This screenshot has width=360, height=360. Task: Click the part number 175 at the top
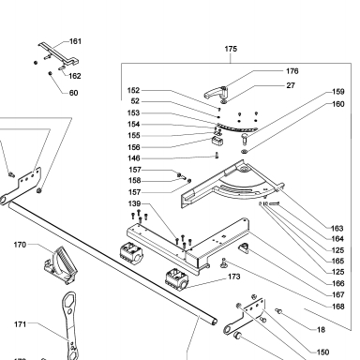coord(231,49)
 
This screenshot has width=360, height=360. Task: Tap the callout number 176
coord(292,71)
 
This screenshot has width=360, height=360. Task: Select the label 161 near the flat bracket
coord(75,41)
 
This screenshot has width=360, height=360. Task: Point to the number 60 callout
coord(73,93)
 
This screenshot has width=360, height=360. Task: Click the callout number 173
coord(233,277)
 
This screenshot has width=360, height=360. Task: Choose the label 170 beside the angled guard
coord(20,245)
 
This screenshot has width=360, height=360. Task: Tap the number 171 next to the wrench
coord(20,324)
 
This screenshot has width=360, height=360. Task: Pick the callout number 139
coord(134,203)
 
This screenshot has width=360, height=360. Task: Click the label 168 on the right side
coord(338,307)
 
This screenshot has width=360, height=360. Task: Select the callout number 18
coord(321,330)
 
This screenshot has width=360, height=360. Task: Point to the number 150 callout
coord(322,352)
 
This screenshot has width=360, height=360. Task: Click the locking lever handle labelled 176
coord(216,92)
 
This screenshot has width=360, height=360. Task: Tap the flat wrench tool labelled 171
coord(70,325)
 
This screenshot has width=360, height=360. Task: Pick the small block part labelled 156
coord(217,141)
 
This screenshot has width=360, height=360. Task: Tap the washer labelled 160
coord(245,152)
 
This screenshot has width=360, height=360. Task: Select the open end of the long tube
coord(214,322)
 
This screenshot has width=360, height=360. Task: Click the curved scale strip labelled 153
coord(236,127)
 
